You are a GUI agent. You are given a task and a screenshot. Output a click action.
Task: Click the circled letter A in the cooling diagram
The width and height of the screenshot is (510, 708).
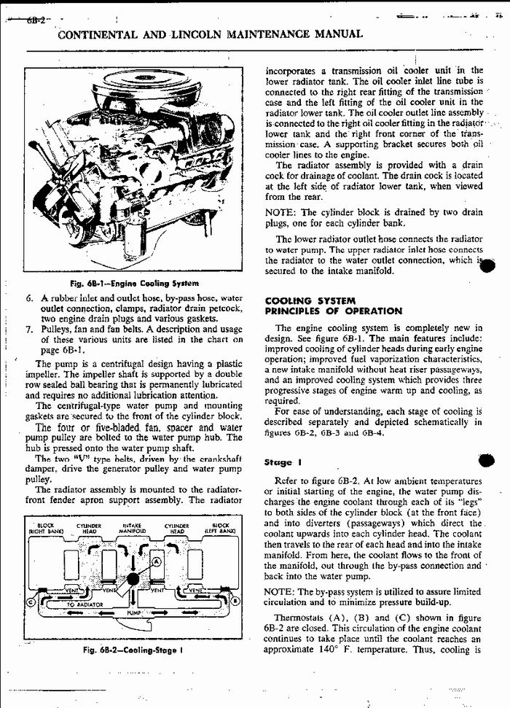click(157, 560)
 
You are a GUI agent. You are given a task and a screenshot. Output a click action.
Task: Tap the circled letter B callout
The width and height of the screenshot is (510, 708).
click(237, 601)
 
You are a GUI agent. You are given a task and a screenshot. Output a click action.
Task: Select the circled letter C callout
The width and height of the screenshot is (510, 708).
click(31, 602)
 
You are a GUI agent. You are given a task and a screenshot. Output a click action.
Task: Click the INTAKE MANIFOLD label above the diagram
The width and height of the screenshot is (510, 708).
click(132, 530)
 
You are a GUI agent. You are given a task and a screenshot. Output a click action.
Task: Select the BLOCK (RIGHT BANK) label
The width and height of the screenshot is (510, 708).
click(45, 530)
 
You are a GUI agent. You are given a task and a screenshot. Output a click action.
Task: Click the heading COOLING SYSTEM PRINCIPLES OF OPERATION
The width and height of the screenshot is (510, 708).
click(334, 306)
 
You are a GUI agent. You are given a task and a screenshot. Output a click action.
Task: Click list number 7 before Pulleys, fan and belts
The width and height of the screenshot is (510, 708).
click(29, 329)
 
